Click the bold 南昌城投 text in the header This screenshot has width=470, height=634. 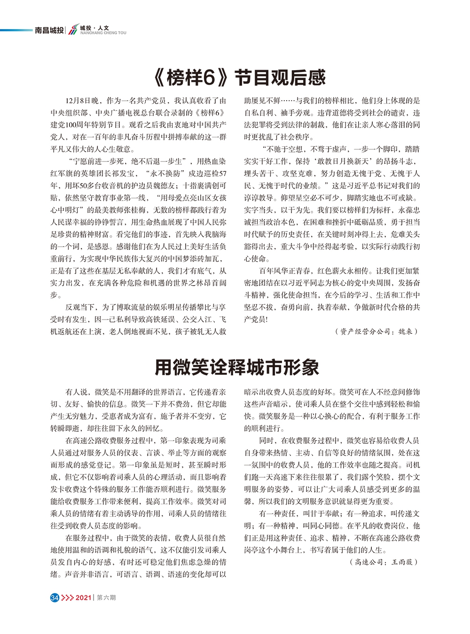click(x=49, y=31)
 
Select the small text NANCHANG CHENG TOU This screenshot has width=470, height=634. click(x=103, y=33)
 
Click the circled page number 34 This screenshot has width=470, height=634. click(x=55, y=598)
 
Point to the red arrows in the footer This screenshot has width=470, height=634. click(x=67, y=598)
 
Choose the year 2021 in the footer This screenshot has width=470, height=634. click(x=83, y=598)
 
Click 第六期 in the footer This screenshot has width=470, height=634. click(x=106, y=598)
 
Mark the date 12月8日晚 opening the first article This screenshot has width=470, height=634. click(x=82, y=101)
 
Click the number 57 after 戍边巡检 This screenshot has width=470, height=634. click(x=222, y=173)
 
